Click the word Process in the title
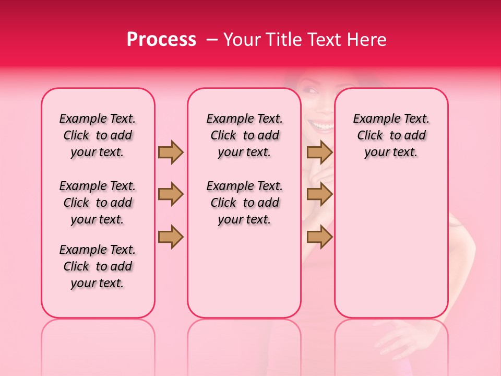pyautogui.click(x=161, y=40)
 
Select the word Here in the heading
pyautogui.click(x=367, y=40)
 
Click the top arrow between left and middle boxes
pyautogui.click(x=171, y=152)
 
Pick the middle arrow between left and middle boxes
pyautogui.click(x=171, y=195)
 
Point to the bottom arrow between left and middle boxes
pyautogui.click(x=171, y=237)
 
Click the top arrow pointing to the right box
pyautogui.click(x=319, y=152)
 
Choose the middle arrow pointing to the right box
pyautogui.click(x=319, y=195)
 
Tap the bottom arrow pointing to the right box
pyautogui.click(x=319, y=237)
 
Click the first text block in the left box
pyautogui.click(x=98, y=135)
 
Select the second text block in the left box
pyautogui.click(x=98, y=203)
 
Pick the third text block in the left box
pyautogui.click(x=98, y=266)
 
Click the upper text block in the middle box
pyautogui.click(x=244, y=135)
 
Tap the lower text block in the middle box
pyautogui.click(x=244, y=203)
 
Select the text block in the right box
pyautogui.click(x=391, y=135)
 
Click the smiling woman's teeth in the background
pyautogui.click(x=322, y=126)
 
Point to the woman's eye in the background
pyautogui.click(x=312, y=91)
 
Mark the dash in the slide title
pyautogui.click(x=212, y=40)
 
